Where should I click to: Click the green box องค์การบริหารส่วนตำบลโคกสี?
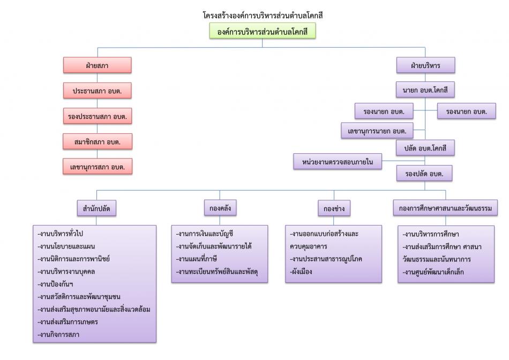tap(262, 32)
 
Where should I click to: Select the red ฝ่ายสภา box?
tap(97, 65)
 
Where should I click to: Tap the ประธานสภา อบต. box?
tap(97, 91)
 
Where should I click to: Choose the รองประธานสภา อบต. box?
tap(97, 116)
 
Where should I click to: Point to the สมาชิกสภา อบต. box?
tap(97, 141)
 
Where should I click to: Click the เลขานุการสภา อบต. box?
tap(97, 167)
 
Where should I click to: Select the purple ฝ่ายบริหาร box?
tap(425, 65)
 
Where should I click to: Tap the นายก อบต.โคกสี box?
tap(425, 90)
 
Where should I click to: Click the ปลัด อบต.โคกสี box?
tap(425, 147)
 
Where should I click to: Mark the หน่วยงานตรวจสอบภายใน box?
tap(337, 161)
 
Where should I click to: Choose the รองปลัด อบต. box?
tap(425, 174)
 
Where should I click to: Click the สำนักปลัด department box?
tap(97, 207)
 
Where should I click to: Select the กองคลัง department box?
tap(220, 207)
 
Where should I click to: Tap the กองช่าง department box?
tap(334, 207)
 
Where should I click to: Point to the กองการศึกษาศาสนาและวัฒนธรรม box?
tap(445, 207)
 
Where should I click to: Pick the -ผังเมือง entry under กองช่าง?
tap(301, 272)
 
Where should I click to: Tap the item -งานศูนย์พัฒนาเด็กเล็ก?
tap(434, 272)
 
